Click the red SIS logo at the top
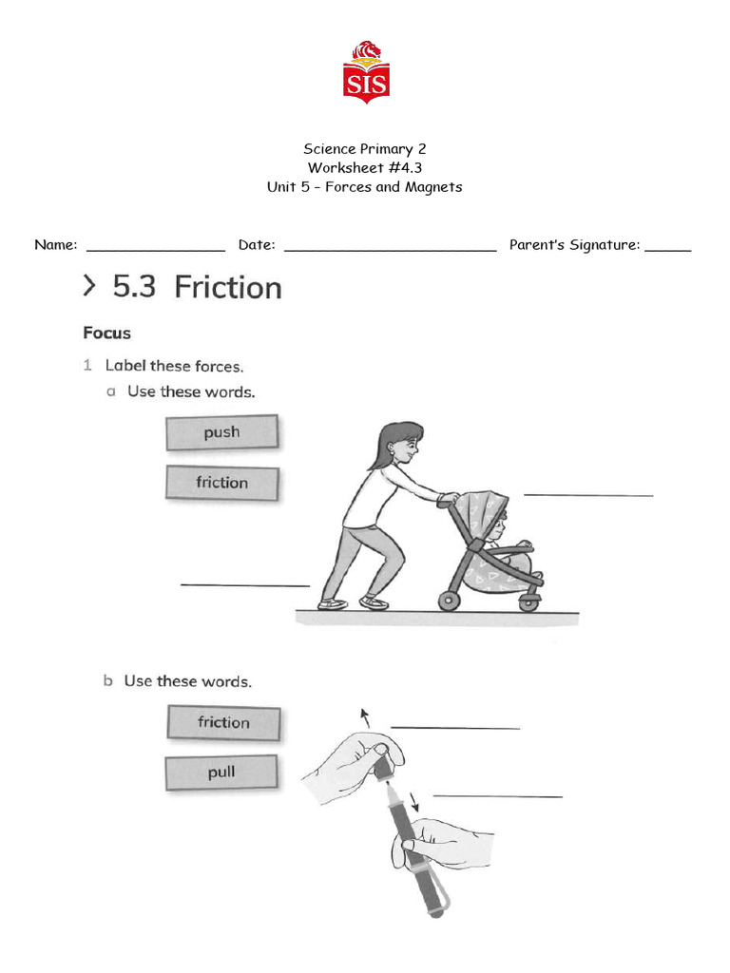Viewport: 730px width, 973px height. [x=366, y=73]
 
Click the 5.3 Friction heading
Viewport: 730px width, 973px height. [x=197, y=287]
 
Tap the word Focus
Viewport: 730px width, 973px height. [x=106, y=334]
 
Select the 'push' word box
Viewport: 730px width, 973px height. [x=221, y=432]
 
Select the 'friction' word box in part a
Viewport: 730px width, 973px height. [x=221, y=483]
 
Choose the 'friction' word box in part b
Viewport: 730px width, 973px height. [x=223, y=723]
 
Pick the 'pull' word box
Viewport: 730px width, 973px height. [x=221, y=773]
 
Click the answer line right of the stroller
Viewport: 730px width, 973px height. [x=588, y=493]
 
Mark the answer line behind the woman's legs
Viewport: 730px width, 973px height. [x=245, y=583]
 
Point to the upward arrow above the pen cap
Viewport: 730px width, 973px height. [x=363, y=716]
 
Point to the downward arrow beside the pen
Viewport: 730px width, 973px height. [x=413, y=800]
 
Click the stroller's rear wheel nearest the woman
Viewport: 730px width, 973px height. [x=449, y=601]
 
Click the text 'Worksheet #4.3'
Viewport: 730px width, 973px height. [x=364, y=168]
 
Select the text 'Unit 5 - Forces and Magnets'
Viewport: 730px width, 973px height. [x=364, y=187]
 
